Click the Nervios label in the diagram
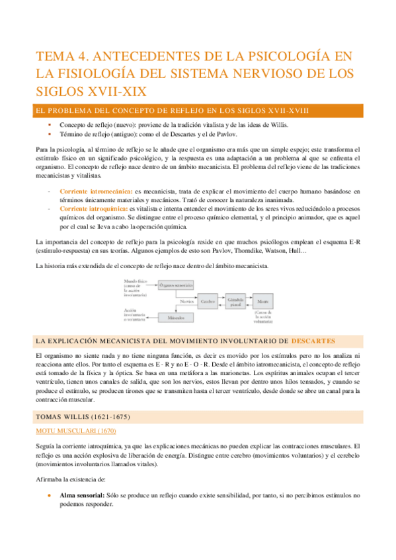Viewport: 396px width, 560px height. click(187, 301)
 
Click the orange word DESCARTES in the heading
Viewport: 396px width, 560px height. click(313, 341)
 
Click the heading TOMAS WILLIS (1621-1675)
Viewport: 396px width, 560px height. click(83, 417)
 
